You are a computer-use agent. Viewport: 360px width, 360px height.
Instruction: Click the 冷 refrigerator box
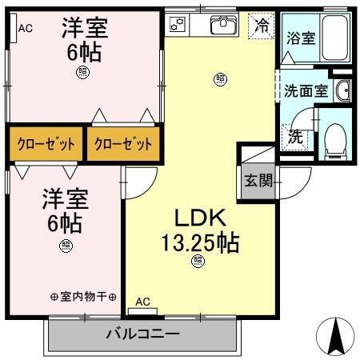[x=260, y=25]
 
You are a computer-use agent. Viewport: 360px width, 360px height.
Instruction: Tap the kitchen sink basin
[x=224, y=25]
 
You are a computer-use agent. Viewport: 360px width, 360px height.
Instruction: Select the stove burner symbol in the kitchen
[x=178, y=25]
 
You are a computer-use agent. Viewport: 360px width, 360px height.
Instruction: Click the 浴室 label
[x=301, y=37]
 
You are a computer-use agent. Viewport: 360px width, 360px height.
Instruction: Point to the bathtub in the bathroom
[x=337, y=36]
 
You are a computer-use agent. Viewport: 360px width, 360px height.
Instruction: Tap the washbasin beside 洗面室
[x=342, y=90]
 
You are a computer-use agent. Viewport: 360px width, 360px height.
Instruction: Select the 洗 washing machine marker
[x=295, y=136]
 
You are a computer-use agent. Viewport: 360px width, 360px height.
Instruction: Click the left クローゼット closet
[x=46, y=145]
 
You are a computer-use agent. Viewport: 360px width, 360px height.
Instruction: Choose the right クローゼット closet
[x=122, y=145]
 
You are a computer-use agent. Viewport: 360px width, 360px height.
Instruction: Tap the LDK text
[x=197, y=218]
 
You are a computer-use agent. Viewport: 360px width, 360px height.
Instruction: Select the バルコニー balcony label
[x=142, y=334]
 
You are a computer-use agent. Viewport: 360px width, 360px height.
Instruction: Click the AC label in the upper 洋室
[x=25, y=28]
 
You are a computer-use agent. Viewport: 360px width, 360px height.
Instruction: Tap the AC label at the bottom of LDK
[x=142, y=302]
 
